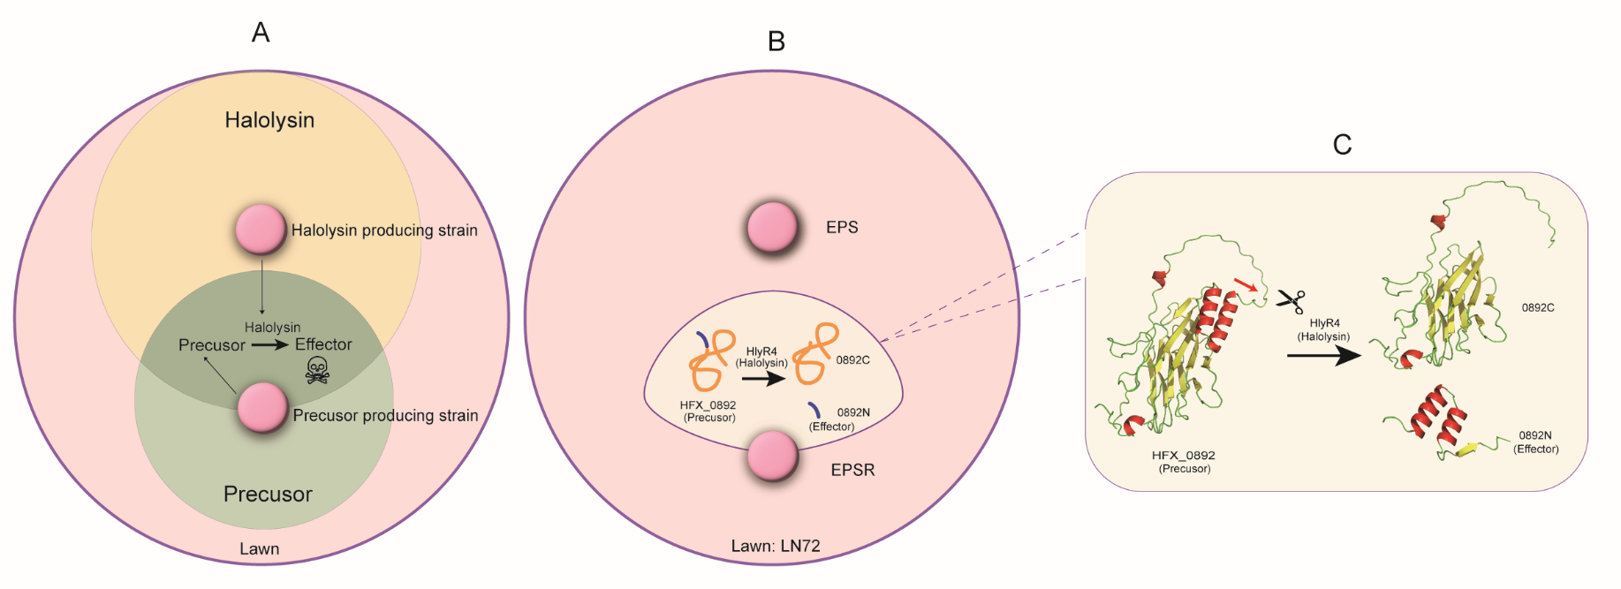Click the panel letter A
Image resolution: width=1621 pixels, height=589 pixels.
(261, 33)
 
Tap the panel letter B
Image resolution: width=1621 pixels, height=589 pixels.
(776, 42)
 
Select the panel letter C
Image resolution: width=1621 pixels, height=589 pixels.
(1342, 145)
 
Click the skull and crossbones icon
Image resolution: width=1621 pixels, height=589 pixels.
(317, 370)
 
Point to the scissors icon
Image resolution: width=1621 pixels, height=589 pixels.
(1291, 301)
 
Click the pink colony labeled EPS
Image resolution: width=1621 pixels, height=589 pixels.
(773, 228)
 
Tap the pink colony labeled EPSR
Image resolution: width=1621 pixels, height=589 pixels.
(773, 456)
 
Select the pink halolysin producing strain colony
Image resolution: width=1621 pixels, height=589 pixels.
(261, 230)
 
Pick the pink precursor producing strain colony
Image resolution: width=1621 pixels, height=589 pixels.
(263, 408)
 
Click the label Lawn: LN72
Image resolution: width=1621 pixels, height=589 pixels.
(776, 546)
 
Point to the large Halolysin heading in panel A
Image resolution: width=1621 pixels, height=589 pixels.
(269, 120)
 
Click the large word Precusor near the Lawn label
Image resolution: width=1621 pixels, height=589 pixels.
(268, 494)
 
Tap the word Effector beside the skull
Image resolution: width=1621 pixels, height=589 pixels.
(323, 344)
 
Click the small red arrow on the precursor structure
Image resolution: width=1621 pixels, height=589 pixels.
(1246, 284)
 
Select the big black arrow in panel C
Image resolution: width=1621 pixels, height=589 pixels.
(1323, 356)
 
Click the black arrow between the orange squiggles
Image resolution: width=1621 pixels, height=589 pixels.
(763, 379)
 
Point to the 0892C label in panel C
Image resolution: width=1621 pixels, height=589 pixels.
(1538, 307)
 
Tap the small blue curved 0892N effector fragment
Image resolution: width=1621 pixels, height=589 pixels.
(814, 410)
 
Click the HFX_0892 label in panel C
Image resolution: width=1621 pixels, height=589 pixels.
(1184, 456)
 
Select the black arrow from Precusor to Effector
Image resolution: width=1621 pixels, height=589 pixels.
(269, 344)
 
